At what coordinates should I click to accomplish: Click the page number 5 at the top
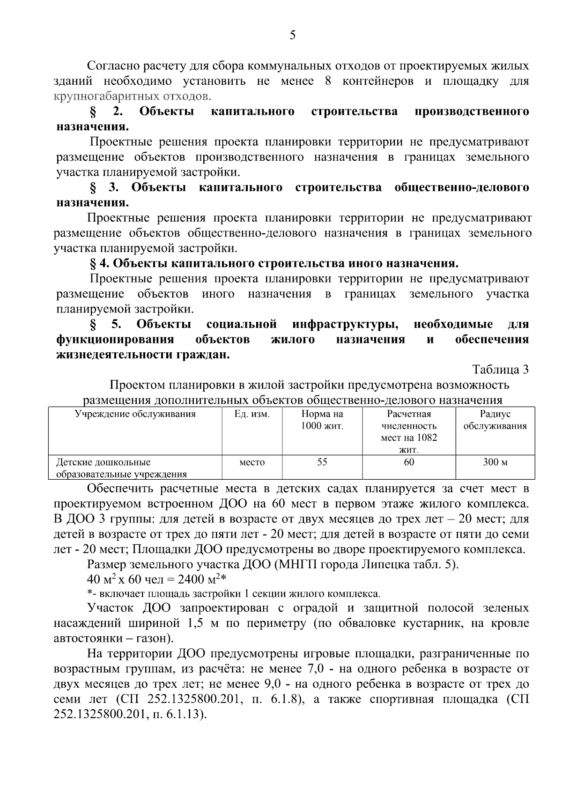point(292,36)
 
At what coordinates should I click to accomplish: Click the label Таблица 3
point(500,370)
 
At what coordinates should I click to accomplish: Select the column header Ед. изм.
point(251,414)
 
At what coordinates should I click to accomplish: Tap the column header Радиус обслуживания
point(495,420)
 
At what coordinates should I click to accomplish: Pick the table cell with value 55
point(322,462)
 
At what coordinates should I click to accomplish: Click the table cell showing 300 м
point(495,462)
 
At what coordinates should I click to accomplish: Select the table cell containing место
point(252,462)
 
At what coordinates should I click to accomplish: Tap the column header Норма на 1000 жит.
point(322,420)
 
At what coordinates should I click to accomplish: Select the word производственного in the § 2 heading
point(472,111)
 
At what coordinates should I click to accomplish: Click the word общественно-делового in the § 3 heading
point(462,188)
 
